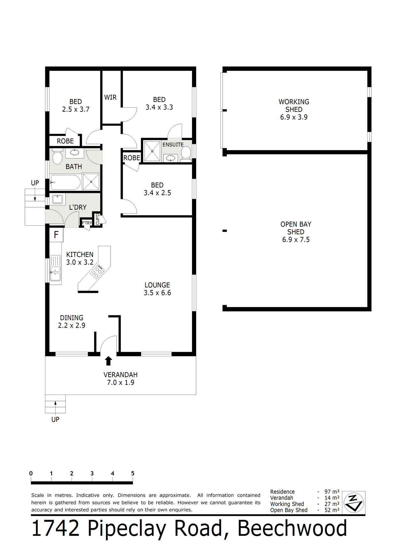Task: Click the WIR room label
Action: pos(110,97)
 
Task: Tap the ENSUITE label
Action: pos(173,145)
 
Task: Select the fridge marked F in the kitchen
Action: pos(56,235)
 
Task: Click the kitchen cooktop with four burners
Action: pos(98,272)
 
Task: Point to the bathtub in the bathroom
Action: pos(65,182)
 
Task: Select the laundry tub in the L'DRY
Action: pos(57,199)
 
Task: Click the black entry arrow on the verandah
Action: pos(109,361)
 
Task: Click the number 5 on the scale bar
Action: pos(133,473)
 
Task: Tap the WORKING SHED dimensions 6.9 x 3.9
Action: pos(294,117)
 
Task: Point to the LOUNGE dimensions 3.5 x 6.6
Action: pos(157,293)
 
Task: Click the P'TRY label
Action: pos(87,223)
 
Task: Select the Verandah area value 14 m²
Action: pos(332,498)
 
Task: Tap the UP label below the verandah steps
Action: pos(55,420)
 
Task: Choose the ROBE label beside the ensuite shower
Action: pos(132,158)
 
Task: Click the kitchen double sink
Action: pos(55,269)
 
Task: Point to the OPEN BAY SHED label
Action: pos(296,228)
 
